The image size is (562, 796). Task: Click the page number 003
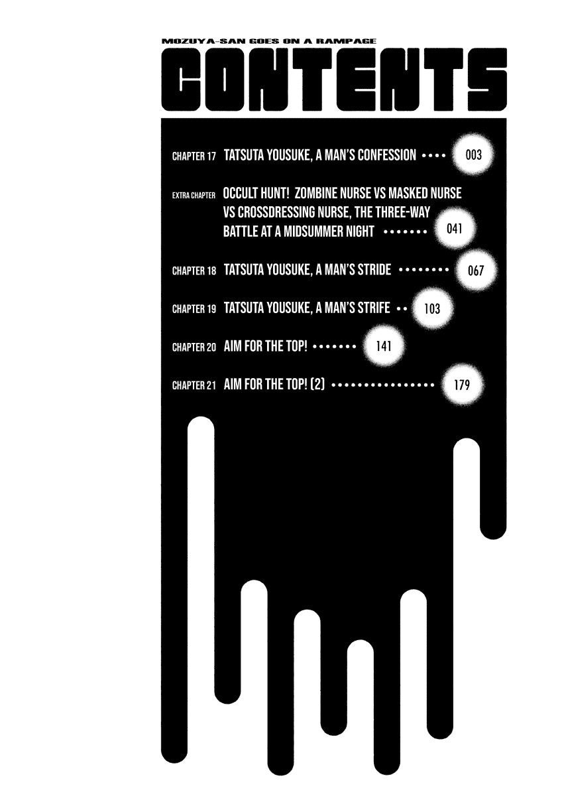[473, 156]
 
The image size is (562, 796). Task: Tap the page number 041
[454, 230]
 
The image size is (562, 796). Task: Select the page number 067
[476, 271]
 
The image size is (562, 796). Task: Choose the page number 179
[462, 384]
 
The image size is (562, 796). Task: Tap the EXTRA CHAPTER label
[194, 195]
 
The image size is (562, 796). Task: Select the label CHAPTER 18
[194, 271]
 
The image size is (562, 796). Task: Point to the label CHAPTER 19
[194, 309]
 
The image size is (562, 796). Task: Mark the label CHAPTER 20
[194, 347]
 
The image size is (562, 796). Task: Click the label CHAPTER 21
[194, 385]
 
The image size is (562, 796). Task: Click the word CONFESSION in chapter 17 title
[387, 156]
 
